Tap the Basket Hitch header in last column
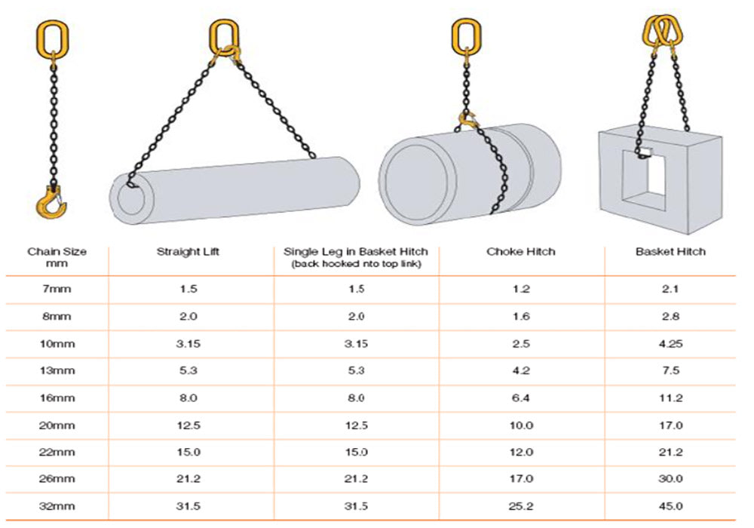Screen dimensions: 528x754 pos(670,252)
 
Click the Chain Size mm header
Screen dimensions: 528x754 pos(57,257)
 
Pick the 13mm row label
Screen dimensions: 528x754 pos(57,370)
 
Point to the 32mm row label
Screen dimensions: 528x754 pos(57,506)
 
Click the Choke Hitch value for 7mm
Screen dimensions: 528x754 pos(521,289)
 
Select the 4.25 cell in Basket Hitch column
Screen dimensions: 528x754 pos(670,343)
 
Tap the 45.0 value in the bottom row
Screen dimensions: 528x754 pos(670,506)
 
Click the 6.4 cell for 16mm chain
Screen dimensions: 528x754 pos(521,398)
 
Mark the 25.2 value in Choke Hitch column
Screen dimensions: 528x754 pos(521,506)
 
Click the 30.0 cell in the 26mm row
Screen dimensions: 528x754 pos(670,479)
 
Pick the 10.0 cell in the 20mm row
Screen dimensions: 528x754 pos(521,425)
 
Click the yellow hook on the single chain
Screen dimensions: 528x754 pos(55,199)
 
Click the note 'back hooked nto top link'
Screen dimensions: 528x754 pos(355,264)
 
